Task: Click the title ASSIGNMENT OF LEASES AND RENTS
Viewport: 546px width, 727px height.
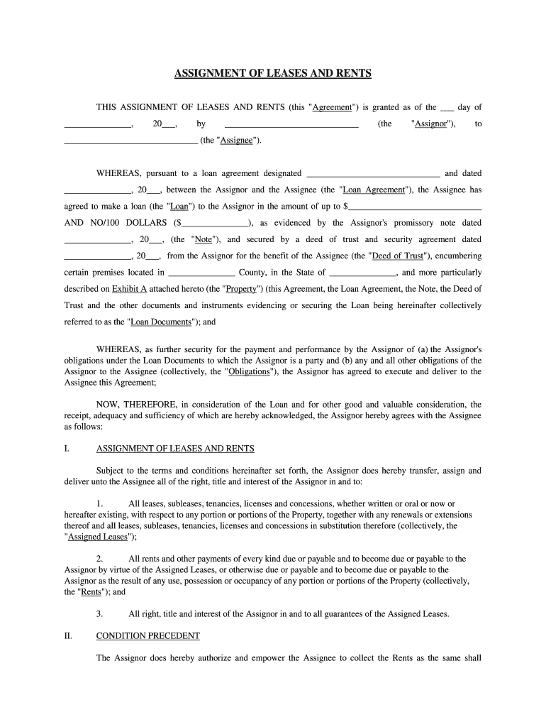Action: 273,74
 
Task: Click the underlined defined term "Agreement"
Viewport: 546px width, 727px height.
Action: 333,107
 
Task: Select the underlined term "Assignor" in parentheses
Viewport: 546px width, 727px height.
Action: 435,124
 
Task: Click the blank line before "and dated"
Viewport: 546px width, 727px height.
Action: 371,173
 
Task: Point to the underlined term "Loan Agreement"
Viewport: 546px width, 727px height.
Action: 374,190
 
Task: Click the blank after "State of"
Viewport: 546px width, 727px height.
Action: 363,273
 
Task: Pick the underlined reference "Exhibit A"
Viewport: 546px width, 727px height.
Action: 129,289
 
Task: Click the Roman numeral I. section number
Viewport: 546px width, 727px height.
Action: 67,449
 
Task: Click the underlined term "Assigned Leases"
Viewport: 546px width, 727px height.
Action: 96,537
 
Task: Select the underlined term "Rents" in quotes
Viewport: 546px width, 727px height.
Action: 91,591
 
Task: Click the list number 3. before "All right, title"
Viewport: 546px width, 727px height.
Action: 100,613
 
